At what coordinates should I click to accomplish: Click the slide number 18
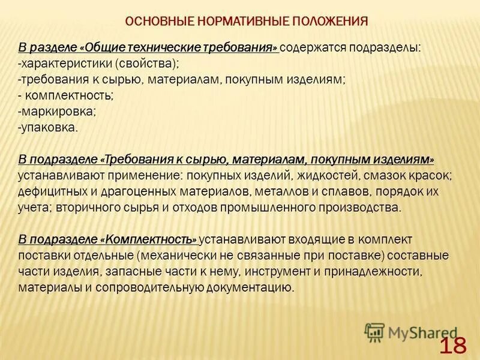point(453,346)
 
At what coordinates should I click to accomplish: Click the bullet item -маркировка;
point(57,112)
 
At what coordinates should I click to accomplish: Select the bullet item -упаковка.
point(48,128)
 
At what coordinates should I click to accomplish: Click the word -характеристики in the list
point(65,63)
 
